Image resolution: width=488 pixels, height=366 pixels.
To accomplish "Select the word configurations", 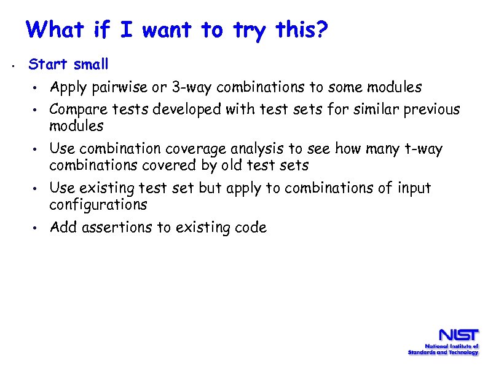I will click(98, 204).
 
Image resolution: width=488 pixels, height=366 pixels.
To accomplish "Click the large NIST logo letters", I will click(457, 336).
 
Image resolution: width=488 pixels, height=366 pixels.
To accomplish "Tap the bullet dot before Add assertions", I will click(37, 228).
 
